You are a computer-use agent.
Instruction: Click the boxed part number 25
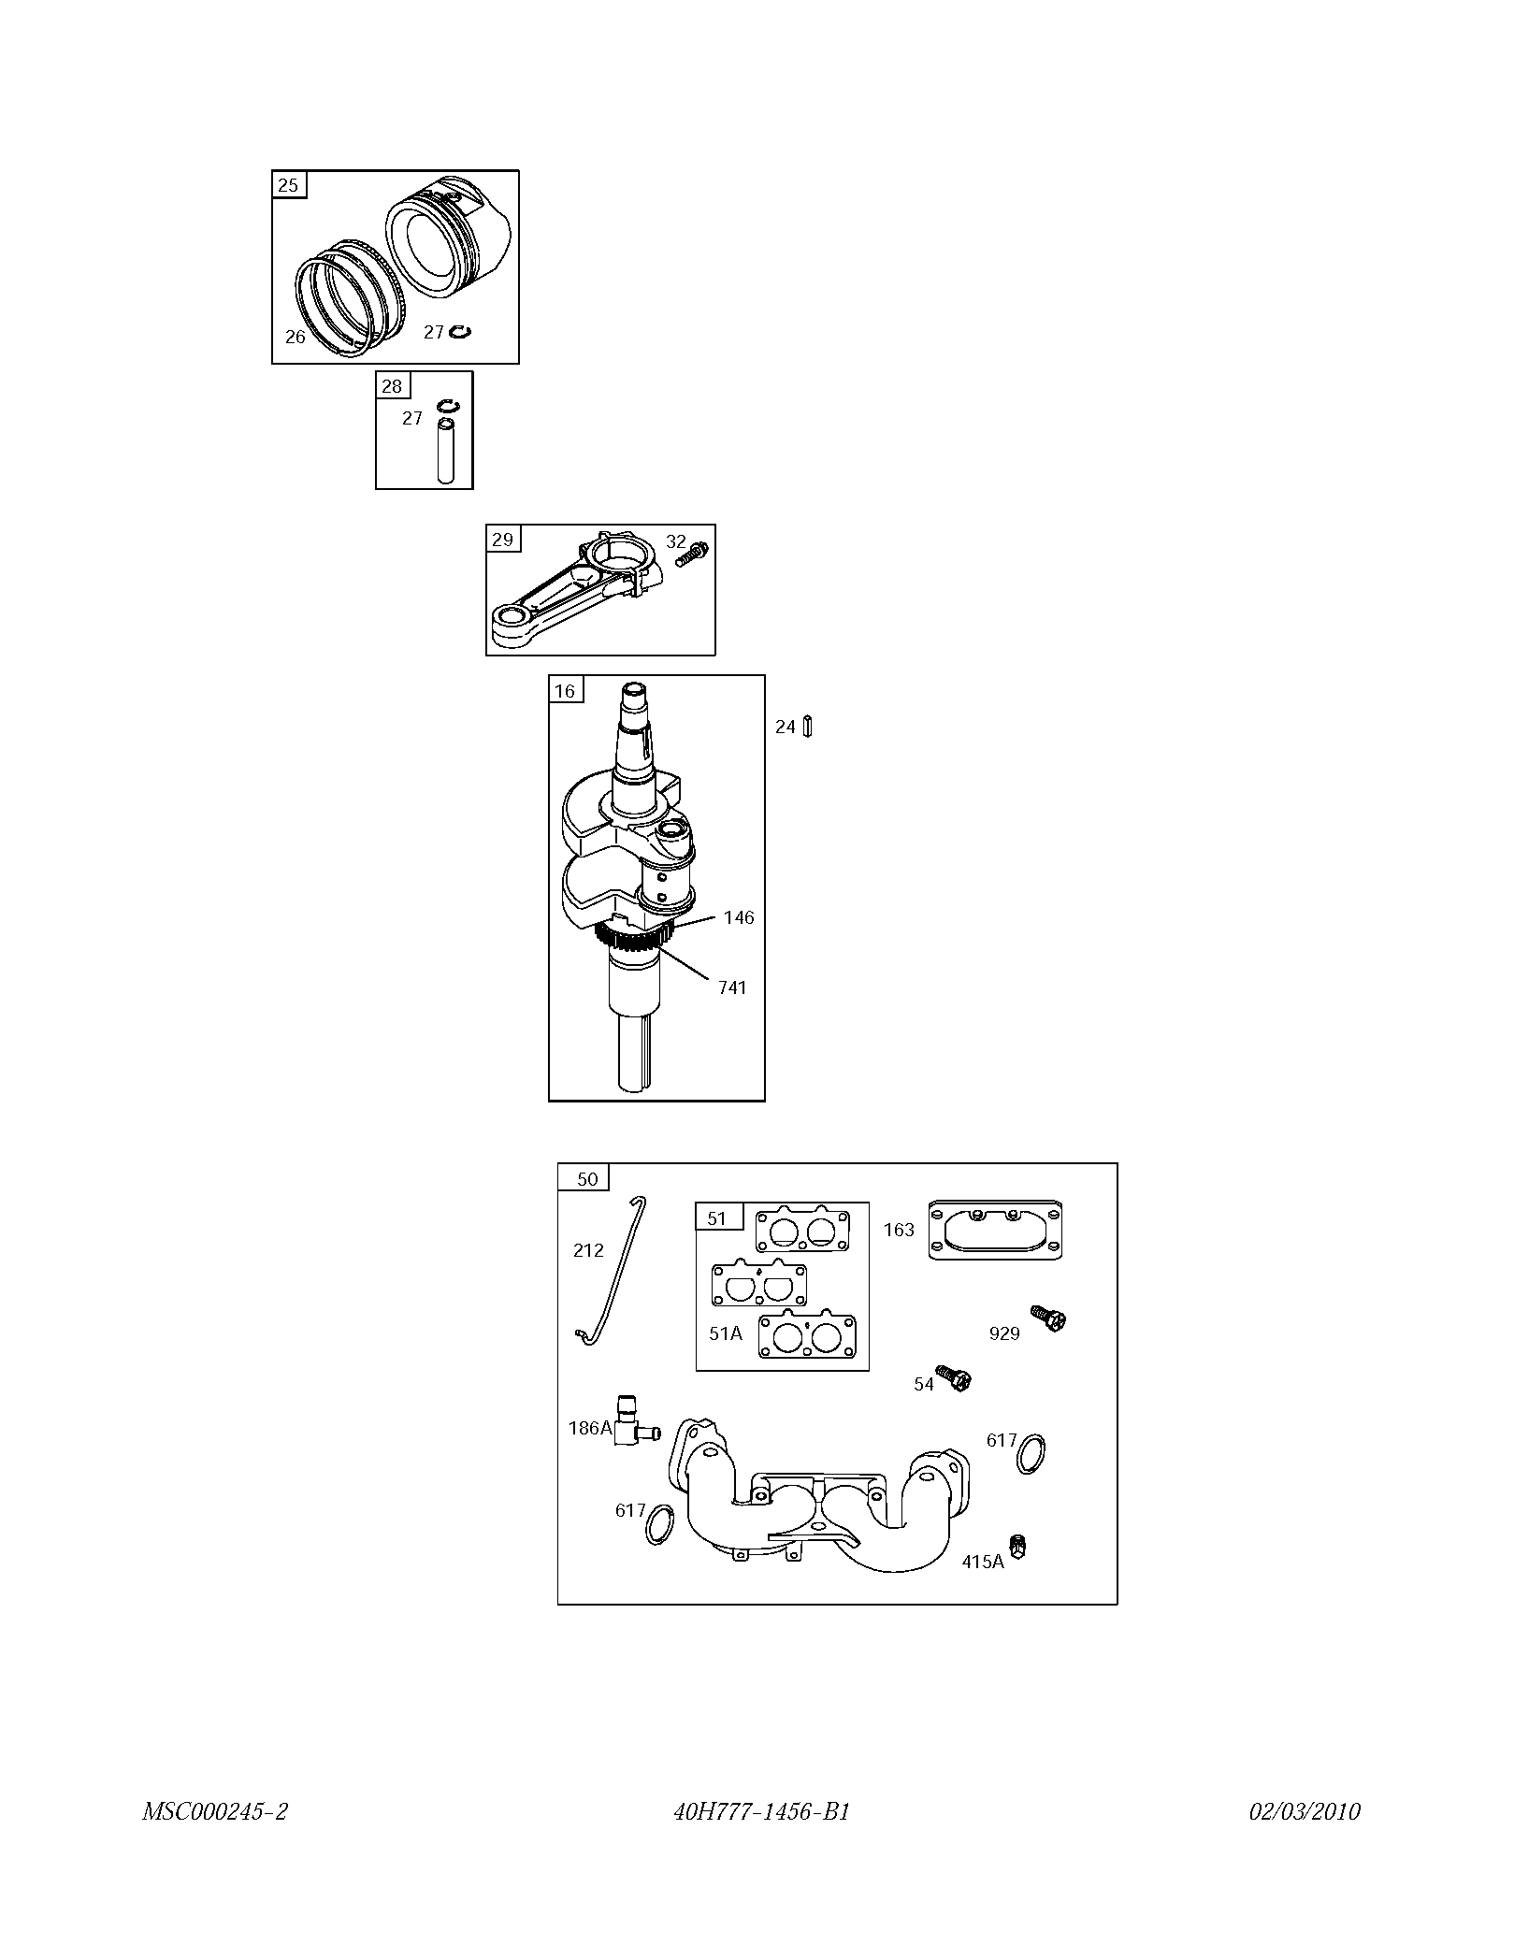pos(288,185)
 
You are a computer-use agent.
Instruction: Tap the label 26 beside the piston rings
pos(296,337)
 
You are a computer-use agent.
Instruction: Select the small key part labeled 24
pos(808,727)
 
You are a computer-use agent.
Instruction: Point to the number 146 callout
pos(739,917)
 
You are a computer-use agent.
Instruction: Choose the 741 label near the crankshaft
pos(732,987)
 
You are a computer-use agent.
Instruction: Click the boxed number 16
pos(565,691)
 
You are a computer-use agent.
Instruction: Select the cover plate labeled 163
pos(996,1230)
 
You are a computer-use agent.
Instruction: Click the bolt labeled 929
pos(1048,1318)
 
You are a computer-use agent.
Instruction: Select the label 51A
pos(726,1333)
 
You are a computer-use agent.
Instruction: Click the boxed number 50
pos(587,1179)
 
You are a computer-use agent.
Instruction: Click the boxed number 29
pos(502,540)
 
